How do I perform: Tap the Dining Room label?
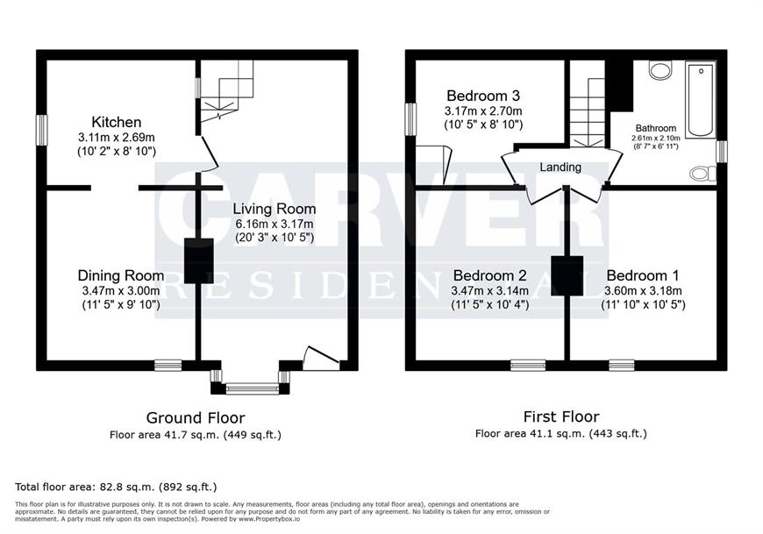pyautogui.click(x=121, y=275)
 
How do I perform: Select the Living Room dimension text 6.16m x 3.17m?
pyautogui.click(x=275, y=224)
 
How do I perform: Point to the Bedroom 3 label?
pyautogui.click(x=483, y=96)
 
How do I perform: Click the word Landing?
pyautogui.click(x=560, y=167)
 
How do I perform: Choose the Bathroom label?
pyautogui.click(x=655, y=128)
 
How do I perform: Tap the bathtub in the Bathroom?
pyautogui.click(x=701, y=100)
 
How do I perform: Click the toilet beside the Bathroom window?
pyautogui.click(x=703, y=173)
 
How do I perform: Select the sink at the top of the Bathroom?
pyautogui.click(x=660, y=70)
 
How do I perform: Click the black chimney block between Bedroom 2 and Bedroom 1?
pyautogui.click(x=567, y=275)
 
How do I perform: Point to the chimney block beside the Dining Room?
pyautogui.click(x=198, y=261)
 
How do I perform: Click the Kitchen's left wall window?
pyautogui.click(x=42, y=130)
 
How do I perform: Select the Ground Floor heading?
pyautogui.click(x=196, y=417)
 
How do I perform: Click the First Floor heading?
pyautogui.click(x=561, y=417)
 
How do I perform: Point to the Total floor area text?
pyautogui.click(x=116, y=487)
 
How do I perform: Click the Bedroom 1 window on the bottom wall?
pyautogui.click(x=622, y=365)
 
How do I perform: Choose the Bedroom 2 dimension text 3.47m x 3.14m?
pyautogui.click(x=489, y=291)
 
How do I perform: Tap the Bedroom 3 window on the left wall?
pyautogui.click(x=411, y=119)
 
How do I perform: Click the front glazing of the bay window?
pyautogui.click(x=252, y=388)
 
